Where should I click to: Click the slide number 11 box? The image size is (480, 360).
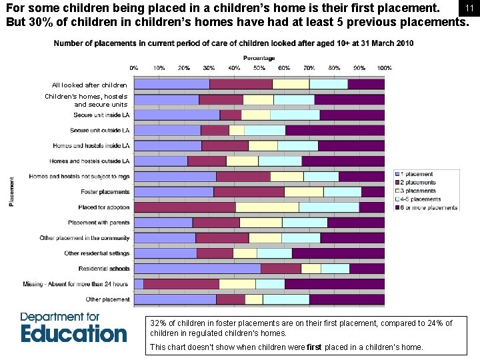pyautogui.click(x=469, y=7)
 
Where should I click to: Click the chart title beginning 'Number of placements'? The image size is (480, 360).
pyautogui.click(x=233, y=43)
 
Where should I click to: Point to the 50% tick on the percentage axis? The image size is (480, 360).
pyautogui.click(x=259, y=68)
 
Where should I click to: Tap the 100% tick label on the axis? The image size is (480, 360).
pyautogui.click(x=385, y=68)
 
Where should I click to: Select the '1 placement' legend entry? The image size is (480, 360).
pyautogui.click(x=417, y=175)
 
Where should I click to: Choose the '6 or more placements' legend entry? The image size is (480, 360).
pyautogui.click(x=427, y=207)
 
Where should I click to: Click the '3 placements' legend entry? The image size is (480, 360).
pyautogui.click(x=419, y=191)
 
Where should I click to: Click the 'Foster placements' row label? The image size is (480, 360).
pyautogui.click(x=105, y=192)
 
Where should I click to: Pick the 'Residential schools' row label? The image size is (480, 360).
pyautogui.click(x=104, y=269)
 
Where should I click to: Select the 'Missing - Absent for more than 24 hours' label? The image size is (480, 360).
pyautogui.click(x=75, y=284)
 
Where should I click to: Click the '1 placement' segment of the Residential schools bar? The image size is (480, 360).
pyautogui.click(x=197, y=269)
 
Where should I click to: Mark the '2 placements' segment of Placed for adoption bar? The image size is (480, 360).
pyautogui.click(x=185, y=207)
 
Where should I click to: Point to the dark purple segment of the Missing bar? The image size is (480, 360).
pyautogui.click(x=335, y=284)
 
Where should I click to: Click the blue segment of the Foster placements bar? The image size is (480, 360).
pyautogui.click(x=173, y=192)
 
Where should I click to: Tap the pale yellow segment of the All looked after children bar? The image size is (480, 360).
pyautogui.click(x=291, y=84)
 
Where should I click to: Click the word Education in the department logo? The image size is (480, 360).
pyautogui.click(x=73, y=333)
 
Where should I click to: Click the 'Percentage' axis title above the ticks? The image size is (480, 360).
pyautogui.click(x=259, y=58)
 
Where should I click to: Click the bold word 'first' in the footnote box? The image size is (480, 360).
pyautogui.click(x=314, y=347)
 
